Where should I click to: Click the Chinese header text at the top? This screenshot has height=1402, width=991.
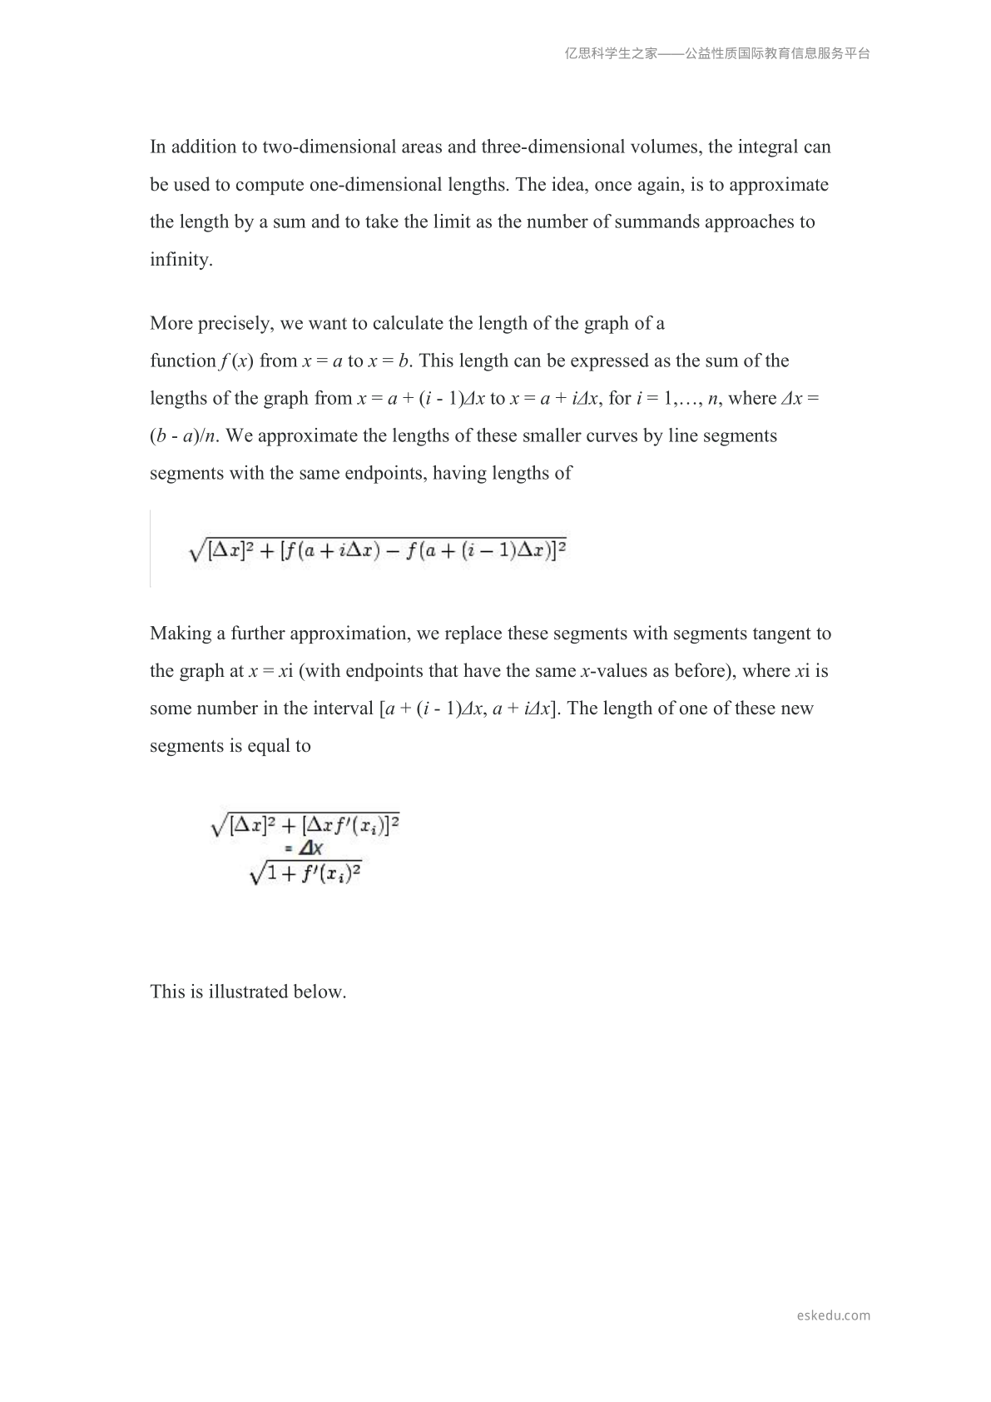coord(717,53)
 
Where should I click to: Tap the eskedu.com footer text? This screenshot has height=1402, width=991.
coord(833,1315)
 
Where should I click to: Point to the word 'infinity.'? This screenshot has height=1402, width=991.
coord(181,260)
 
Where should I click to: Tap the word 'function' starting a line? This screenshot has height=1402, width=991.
coord(183,361)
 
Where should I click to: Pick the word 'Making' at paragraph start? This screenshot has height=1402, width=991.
coord(181,634)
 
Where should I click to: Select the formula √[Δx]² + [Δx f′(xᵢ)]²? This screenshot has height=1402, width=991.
coord(305,826)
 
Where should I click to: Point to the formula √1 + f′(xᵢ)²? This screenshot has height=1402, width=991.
coord(305,874)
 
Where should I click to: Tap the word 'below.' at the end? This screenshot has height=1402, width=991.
coord(320,992)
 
